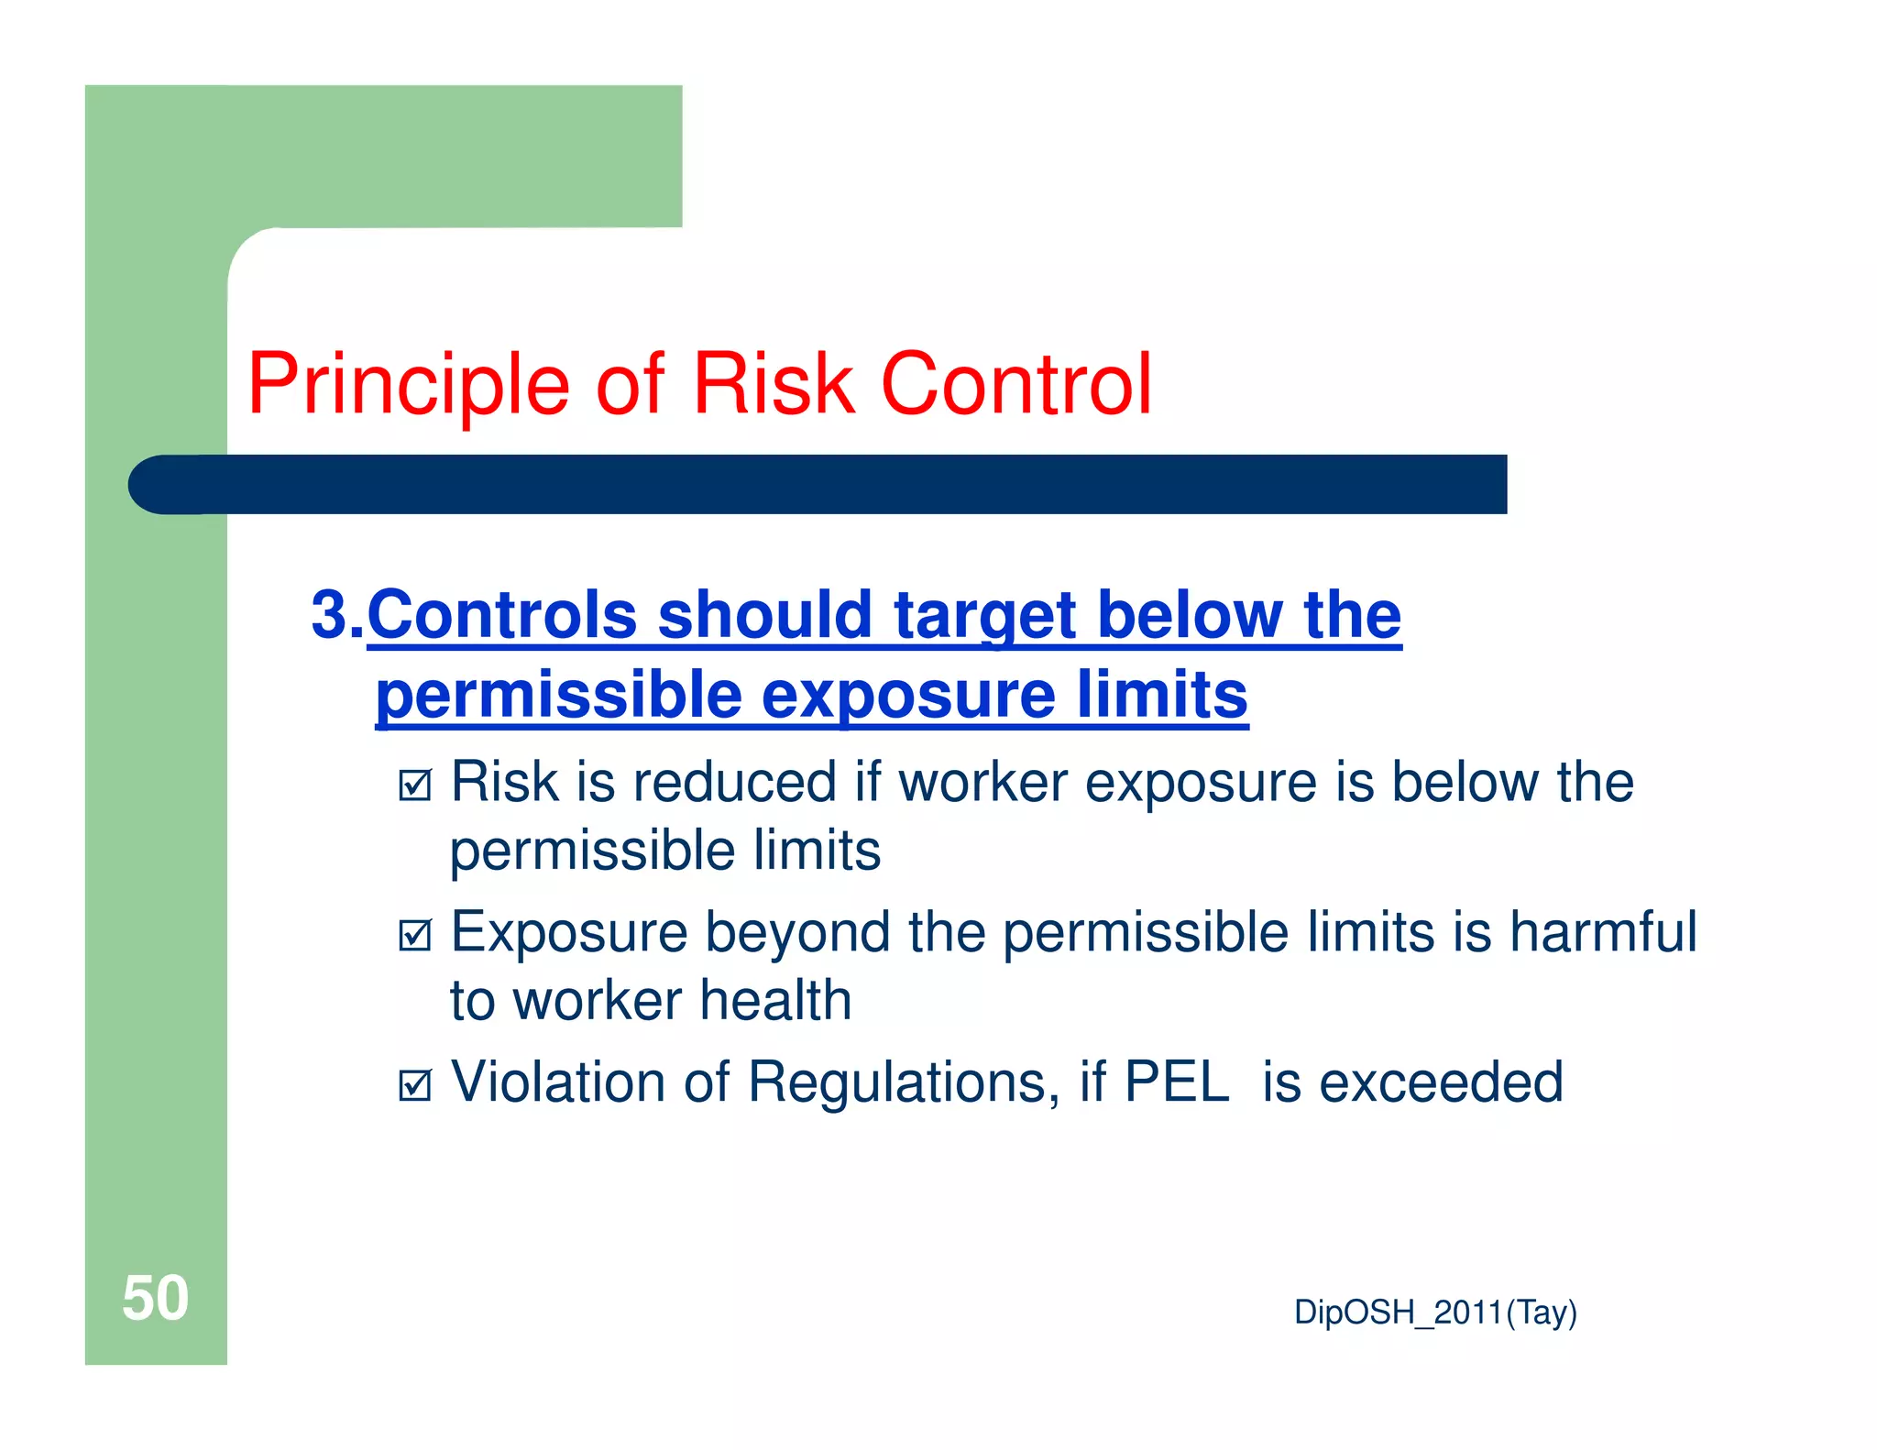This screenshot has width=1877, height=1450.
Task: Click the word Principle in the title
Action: [409, 385]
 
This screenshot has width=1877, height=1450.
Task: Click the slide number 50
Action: [155, 1299]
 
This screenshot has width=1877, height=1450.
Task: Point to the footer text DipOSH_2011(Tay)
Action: [1435, 1313]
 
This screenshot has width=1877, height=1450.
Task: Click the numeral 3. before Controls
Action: [336, 614]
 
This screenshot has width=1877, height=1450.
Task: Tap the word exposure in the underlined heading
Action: [908, 695]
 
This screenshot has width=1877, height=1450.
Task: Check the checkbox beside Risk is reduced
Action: [415, 785]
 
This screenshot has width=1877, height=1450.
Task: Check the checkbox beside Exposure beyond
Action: [415, 935]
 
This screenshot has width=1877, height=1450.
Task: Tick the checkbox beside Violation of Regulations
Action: [415, 1085]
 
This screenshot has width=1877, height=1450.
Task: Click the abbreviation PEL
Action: [1176, 1082]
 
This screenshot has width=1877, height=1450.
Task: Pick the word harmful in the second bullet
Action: [1603, 932]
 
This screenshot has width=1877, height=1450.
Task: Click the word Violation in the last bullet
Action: [558, 1082]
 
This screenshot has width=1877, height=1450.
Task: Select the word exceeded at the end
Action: [1440, 1082]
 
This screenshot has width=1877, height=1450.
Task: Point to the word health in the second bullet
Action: [775, 1000]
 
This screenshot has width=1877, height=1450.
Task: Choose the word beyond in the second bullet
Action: [797, 934]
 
